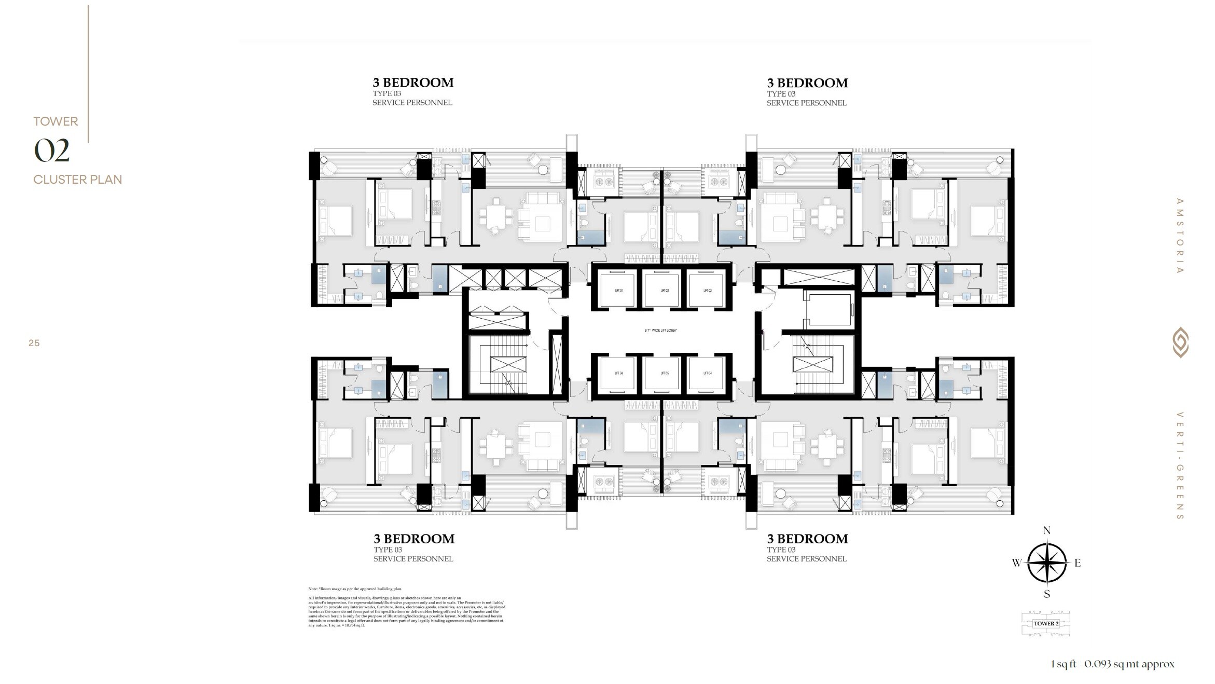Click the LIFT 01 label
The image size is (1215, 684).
point(618,291)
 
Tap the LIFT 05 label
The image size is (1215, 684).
point(664,373)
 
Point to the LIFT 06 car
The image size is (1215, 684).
point(618,373)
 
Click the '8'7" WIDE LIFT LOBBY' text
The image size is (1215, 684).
point(660,331)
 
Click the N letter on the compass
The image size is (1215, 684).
point(1046,530)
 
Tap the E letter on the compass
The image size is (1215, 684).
point(1078,563)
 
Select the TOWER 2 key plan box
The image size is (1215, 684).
point(1046,624)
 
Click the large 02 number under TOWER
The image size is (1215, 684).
point(52,151)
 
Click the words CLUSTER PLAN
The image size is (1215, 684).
point(78,180)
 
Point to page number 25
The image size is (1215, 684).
point(34,343)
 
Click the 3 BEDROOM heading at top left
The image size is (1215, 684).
point(413,83)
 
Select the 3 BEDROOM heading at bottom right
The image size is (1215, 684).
point(807,539)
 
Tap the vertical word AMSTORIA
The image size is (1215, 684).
point(1180,236)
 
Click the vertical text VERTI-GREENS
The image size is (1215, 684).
point(1180,466)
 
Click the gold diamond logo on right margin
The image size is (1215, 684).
point(1180,343)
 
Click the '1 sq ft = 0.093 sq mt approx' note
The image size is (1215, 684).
point(1113,664)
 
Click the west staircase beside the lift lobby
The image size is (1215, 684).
point(508,365)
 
